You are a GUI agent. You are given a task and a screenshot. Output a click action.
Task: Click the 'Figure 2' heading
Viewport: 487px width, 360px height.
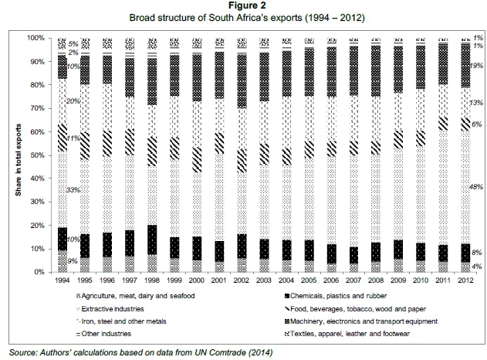pos(243,6)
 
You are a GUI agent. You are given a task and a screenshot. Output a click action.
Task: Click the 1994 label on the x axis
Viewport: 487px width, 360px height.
pos(63,281)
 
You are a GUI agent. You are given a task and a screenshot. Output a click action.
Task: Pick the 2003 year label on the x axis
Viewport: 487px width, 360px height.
pos(264,281)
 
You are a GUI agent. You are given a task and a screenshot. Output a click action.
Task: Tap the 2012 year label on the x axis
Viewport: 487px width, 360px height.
pos(465,281)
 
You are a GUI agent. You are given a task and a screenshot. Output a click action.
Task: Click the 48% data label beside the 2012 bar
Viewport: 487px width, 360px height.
pos(477,186)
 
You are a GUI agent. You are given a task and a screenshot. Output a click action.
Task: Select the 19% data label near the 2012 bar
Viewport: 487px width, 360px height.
pos(477,66)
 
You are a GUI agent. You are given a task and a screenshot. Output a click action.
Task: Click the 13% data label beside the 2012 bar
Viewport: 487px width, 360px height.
pos(477,103)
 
